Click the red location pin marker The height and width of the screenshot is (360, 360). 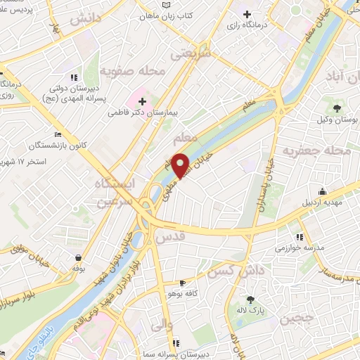coord(181,165)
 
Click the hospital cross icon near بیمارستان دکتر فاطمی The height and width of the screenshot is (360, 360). coord(141,101)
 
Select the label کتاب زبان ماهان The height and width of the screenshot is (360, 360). coord(168,14)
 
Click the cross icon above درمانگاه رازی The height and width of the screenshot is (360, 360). coord(246,13)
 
